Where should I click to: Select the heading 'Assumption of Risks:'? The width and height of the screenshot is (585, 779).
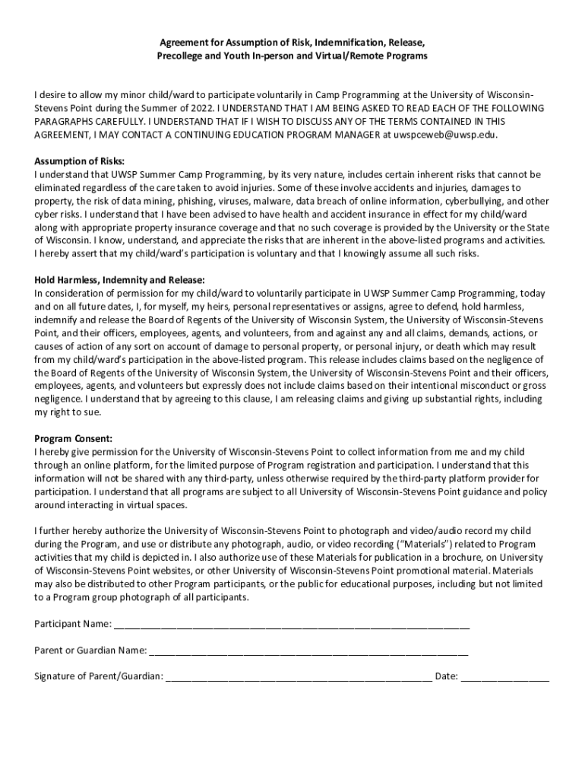[x=79, y=161]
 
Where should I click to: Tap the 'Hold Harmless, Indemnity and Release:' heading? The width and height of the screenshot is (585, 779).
[x=119, y=280]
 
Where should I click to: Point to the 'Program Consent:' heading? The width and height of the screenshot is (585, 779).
[x=74, y=439]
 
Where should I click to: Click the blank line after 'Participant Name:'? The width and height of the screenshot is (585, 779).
[x=292, y=625]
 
